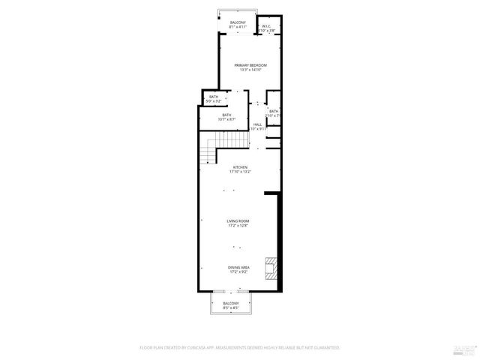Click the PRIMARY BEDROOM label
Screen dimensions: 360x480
pyautogui.click(x=250, y=65)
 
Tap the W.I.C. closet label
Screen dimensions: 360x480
pyautogui.click(x=266, y=26)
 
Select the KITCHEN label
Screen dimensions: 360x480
pyautogui.click(x=240, y=167)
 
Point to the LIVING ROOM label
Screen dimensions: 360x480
pyautogui.click(x=239, y=220)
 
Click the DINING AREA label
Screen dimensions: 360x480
pyautogui.click(x=239, y=267)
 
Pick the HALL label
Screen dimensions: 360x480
pyautogui.click(x=257, y=124)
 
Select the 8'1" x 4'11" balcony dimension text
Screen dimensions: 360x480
pyautogui.click(x=238, y=27)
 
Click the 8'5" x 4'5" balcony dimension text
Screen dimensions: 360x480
pyautogui.click(x=230, y=307)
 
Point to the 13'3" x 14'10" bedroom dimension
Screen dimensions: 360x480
pyautogui.click(x=250, y=70)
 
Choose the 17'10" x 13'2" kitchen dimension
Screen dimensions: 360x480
pyautogui.click(x=240, y=172)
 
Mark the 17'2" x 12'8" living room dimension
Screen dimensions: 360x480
pyautogui.click(x=239, y=225)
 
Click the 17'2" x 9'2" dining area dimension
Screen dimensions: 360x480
pyautogui.click(x=239, y=271)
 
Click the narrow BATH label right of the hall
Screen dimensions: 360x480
pyautogui.click(x=274, y=111)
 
